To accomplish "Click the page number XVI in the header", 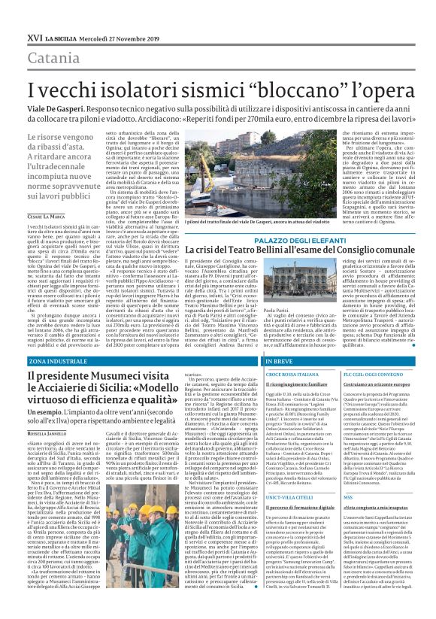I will tap(33, 37).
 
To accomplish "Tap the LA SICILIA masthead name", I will tap(61, 37).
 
